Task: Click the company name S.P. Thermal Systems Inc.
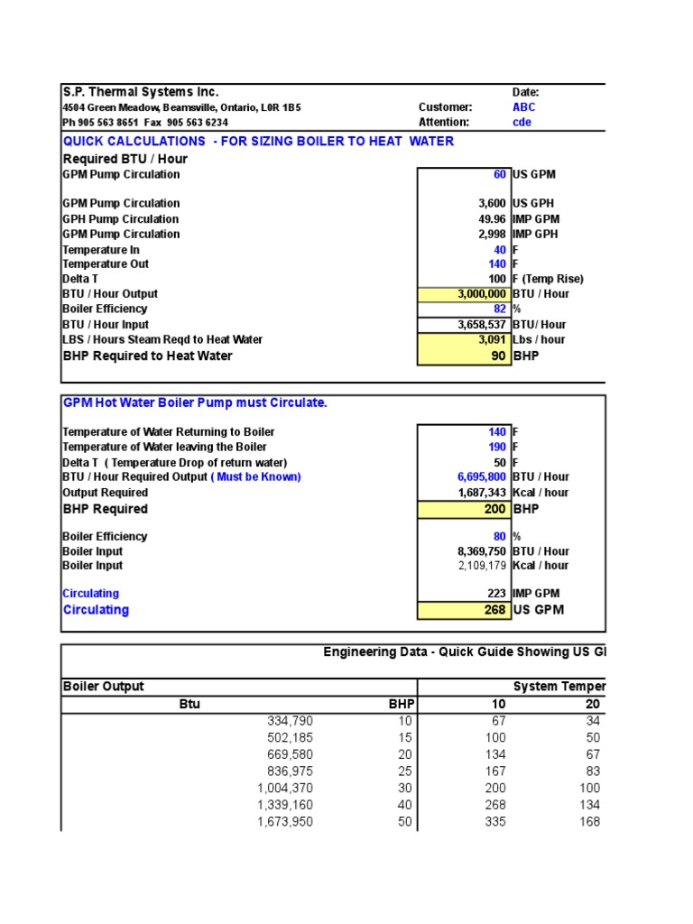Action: point(140,92)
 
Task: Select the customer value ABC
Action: point(523,107)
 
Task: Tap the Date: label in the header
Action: point(525,92)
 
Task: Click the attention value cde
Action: point(522,123)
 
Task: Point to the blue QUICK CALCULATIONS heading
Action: point(258,141)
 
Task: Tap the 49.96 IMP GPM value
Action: point(492,219)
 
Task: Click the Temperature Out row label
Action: point(106,264)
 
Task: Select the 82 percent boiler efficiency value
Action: point(499,310)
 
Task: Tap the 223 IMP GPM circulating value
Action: point(496,594)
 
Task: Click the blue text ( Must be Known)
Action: point(255,477)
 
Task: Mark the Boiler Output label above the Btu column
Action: point(103,687)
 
